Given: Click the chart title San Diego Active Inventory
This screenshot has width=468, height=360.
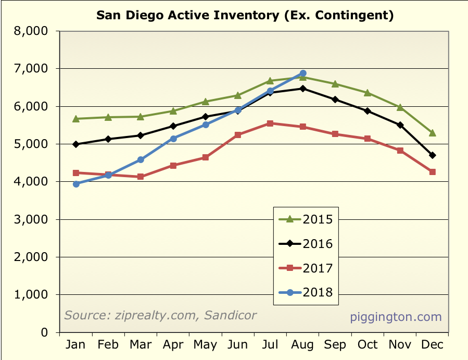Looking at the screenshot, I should [x=245, y=15].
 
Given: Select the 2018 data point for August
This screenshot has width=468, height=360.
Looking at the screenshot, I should [x=302, y=73].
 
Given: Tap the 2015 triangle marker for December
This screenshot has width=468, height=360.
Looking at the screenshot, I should [x=432, y=133].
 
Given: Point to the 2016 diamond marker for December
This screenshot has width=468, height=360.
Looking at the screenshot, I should [x=432, y=155].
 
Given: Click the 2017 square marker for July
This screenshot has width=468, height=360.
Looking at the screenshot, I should [x=270, y=123].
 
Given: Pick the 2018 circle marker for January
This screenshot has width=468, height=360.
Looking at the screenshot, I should [x=76, y=184].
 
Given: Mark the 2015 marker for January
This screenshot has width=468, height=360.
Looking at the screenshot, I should [x=76, y=119].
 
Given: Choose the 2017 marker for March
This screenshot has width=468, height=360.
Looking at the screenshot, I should [x=141, y=177].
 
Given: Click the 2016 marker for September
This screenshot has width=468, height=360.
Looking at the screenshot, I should [x=335, y=100].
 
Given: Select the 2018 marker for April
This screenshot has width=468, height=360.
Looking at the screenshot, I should [x=173, y=139].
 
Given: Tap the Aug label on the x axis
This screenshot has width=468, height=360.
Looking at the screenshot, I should [x=302, y=345].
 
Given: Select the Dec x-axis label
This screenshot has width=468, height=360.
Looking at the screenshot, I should [x=432, y=345].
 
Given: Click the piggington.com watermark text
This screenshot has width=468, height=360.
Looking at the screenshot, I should [x=396, y=317].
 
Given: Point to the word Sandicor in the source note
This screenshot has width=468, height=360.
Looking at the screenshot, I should [x=233, y=315].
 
